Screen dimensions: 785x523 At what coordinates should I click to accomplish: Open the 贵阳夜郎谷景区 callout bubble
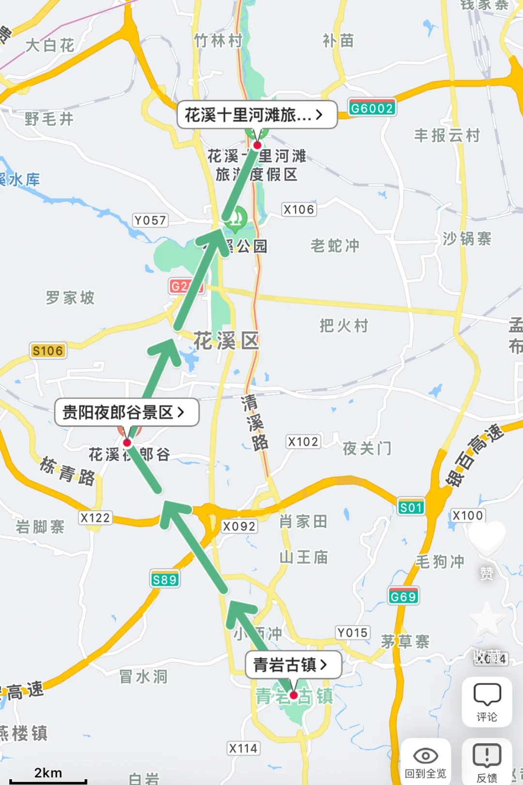pos(126,412)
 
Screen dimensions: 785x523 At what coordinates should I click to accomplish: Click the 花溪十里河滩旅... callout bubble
pos(257,115)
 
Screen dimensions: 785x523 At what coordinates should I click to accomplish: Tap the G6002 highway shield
pos(372,108)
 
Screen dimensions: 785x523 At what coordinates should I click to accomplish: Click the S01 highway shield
pos(411,507)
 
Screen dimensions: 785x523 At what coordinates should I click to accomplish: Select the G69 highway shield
pos(403,597)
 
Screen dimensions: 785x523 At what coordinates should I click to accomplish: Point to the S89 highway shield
pos(165,580)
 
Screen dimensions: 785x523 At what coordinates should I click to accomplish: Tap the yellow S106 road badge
pos(48,350)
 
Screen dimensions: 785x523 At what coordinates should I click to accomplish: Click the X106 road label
pos(299,209)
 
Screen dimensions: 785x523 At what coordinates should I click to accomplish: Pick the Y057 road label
pos(150,220)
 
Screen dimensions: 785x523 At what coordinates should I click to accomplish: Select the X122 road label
pos(95,518)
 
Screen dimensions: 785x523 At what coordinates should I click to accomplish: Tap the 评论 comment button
pos(487,702)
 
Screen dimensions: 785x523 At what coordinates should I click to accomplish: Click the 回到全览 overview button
pos(426,762)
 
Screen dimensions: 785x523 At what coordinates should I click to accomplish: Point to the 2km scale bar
pos(48,776)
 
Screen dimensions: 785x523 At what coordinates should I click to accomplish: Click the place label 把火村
pos(344,326)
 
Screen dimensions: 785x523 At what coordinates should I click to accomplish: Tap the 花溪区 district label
pos(226,341)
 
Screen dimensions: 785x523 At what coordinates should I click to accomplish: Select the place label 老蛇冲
pos(335,246)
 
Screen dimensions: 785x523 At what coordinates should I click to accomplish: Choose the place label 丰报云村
pos(446,136)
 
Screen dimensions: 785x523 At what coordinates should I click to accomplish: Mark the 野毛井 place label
pos(49,119)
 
